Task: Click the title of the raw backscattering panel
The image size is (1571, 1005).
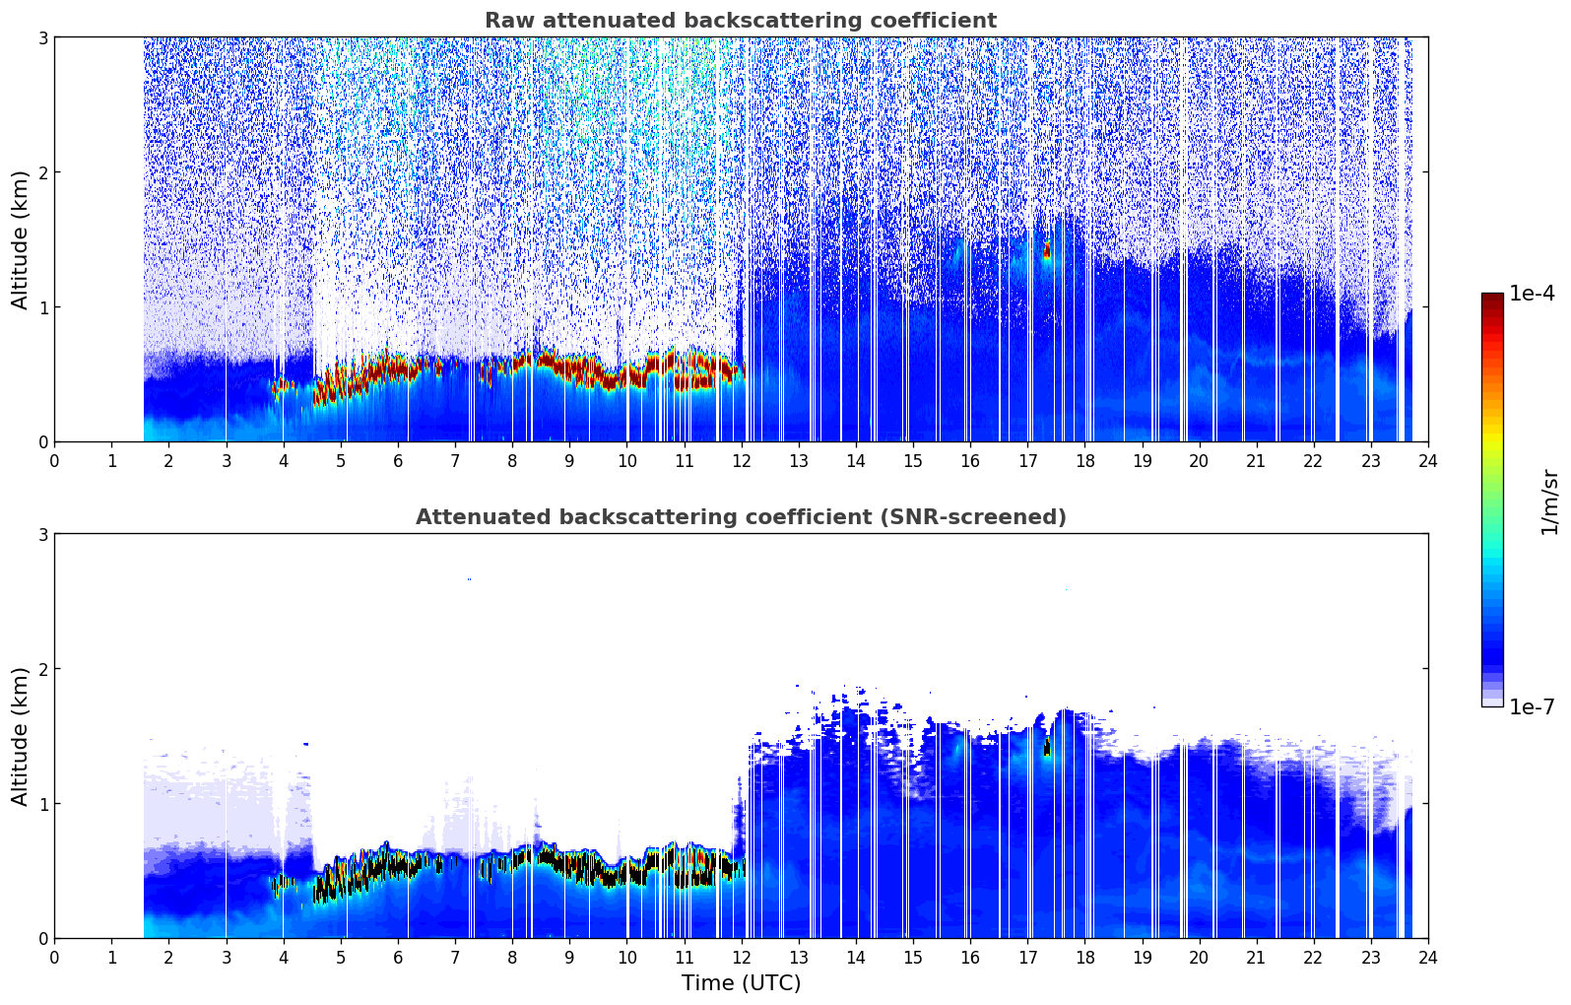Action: pos(741,21)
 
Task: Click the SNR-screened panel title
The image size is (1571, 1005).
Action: pos(741,517)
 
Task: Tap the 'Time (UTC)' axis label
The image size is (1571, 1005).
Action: pos(741,983)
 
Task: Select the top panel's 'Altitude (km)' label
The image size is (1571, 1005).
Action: pos(20,240)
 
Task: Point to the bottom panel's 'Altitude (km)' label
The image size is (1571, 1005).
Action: pos(20,736)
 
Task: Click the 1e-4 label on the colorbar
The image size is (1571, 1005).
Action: pos(1532,294)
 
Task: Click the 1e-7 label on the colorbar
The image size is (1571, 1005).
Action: pos(1532,706)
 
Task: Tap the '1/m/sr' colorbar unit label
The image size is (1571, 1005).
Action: pos(1549,502)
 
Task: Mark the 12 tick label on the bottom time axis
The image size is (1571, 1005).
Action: pos(742,958)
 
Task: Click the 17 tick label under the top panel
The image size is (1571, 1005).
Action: pos(1027,461)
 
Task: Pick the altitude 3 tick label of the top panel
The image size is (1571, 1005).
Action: pos(42,37)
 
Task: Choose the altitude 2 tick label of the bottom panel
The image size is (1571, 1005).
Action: pos(42,669)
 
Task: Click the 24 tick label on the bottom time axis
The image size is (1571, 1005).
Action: pos(1428,958)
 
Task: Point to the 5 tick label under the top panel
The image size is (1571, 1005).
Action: pos(341,461)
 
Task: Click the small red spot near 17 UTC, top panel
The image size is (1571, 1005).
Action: pos(1047,250)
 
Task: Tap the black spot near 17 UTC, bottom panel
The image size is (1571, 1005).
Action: pos(1047,747)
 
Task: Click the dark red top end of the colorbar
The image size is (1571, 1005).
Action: pos(1492,297)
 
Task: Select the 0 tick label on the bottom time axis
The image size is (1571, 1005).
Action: pos(55,958)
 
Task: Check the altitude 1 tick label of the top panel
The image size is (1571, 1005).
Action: pos(42,307)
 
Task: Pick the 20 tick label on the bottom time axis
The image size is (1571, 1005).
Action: pos(1200,958)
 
